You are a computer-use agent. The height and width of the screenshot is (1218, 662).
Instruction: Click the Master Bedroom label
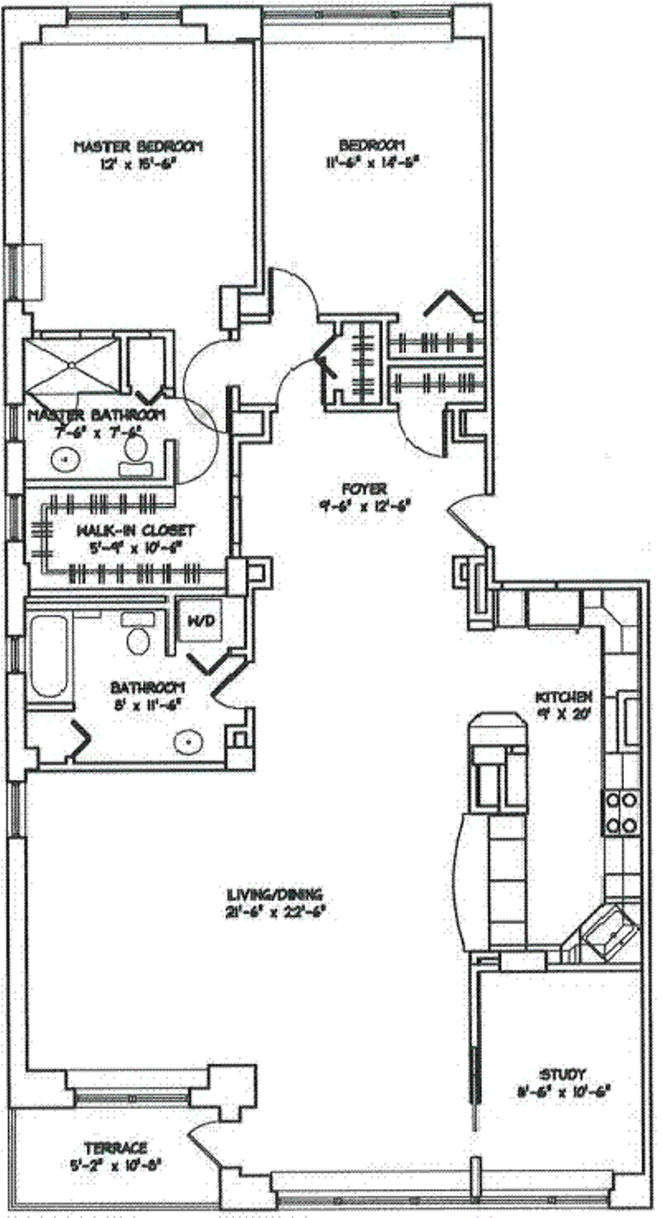138,146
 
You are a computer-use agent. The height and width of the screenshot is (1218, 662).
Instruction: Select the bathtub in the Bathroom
49,656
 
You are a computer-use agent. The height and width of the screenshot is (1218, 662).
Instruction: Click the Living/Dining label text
275,894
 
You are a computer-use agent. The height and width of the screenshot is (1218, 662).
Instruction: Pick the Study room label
562,1074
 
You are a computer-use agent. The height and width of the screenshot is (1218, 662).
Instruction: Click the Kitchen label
565,696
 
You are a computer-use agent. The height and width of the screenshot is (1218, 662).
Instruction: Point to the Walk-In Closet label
135,531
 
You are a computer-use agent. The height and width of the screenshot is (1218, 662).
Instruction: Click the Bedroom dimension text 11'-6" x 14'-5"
371,161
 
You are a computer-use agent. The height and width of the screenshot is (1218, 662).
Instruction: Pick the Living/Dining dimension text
275,910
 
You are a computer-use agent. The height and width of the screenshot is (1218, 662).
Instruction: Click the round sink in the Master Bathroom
63,459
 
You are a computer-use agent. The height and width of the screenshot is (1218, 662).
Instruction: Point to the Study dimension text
563,1090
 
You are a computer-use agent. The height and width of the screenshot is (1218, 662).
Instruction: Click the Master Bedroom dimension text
138,163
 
